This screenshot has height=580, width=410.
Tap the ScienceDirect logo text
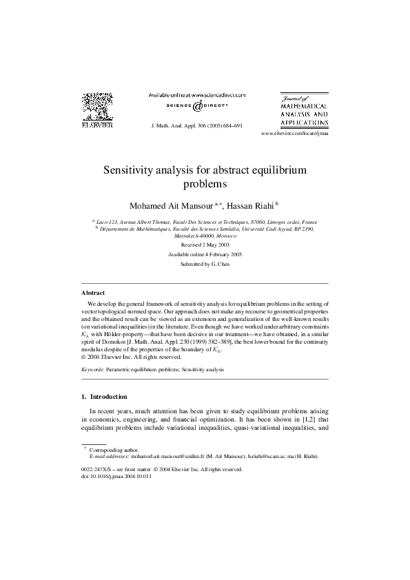tap(197, 106)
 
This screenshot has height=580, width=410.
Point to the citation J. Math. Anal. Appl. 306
tap(196, 127)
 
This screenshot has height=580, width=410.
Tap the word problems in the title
tap(205, 184)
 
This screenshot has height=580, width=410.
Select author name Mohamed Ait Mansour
tap(172, 205)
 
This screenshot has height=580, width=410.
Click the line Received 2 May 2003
tap(205, 245)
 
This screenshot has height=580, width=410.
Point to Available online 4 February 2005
tap(205, 254)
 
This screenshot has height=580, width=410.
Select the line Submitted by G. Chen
tap(205, 264)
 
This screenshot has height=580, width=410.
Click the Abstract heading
tap(93, 293)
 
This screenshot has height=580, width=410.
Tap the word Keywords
tap(92, 370)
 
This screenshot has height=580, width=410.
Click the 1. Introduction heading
tap(109, 397)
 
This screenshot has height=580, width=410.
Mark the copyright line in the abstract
tap(132, 357)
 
